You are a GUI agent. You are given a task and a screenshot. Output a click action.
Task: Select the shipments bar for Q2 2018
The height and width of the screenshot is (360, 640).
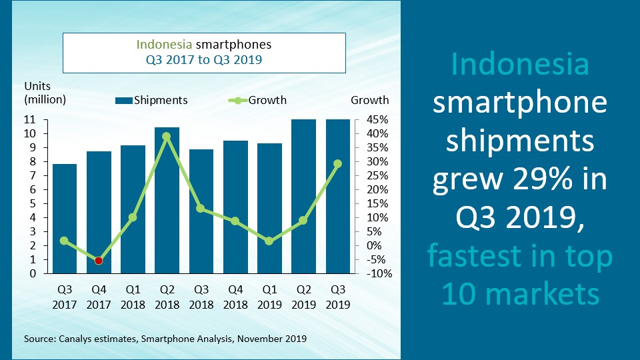tap(166, 200)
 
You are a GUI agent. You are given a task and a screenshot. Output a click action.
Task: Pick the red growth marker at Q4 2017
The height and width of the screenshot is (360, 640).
tap(98, 261)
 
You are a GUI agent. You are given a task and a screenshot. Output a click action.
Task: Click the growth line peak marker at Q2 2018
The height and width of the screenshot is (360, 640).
tap(166, 136)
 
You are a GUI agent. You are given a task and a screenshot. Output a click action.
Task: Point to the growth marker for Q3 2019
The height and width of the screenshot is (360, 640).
tap(337, 163)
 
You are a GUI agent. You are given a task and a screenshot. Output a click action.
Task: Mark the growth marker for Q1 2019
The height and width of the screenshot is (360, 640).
tap(269, 241)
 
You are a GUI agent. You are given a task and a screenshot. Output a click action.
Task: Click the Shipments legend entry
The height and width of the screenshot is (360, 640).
tap(151, 101)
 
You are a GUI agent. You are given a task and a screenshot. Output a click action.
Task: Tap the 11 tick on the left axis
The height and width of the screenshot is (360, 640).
tap(29, 120)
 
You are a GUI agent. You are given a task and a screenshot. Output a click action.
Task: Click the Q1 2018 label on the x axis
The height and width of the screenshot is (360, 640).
tap(132, 297)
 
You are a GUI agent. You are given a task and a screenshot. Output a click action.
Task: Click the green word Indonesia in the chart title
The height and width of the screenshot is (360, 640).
tap(163, 45)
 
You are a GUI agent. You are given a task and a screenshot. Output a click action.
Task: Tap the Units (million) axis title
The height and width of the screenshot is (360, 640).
tap(45, 93)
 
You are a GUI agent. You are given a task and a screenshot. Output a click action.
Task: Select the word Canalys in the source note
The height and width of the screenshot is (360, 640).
tap(77, 339)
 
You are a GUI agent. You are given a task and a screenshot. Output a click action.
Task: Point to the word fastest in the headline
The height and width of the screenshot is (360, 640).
tap(470, 255)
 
